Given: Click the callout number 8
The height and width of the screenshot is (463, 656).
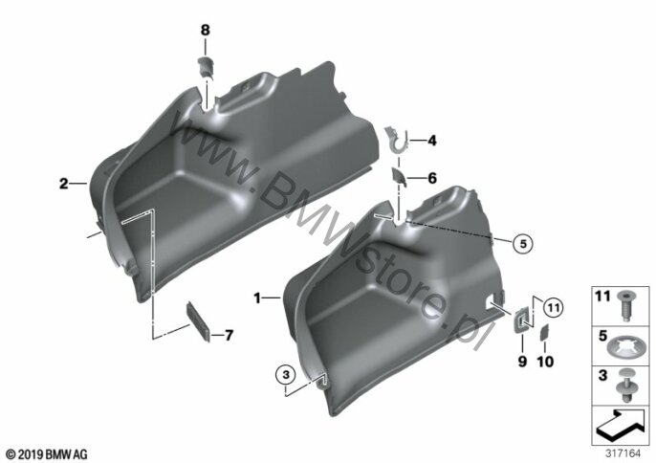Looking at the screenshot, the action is pos(205,31).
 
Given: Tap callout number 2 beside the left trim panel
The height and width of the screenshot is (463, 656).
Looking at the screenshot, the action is pos(63,184).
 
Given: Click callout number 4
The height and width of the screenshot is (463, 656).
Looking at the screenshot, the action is pos(432,141).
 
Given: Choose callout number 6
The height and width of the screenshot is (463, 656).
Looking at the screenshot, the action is pos(432,178).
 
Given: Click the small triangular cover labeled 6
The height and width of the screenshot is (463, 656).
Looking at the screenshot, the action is pos(399,176).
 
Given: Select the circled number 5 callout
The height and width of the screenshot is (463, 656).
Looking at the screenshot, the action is pos(523,243).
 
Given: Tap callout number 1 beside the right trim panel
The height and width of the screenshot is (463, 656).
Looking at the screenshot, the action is pos(257,298).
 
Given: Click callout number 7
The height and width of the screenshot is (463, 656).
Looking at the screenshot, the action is pos(229,336).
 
